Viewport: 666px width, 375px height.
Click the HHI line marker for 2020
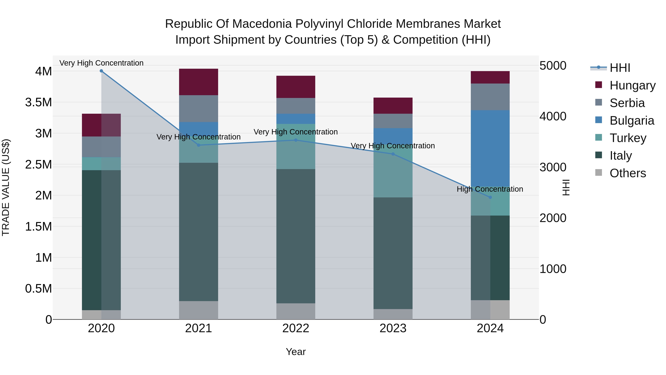[101, 71]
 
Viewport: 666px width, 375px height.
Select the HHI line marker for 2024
[490, 197]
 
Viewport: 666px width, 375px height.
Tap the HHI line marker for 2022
[296, 140]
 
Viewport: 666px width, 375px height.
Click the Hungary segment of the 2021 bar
[199, 82]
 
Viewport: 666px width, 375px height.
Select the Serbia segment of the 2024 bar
[490, 97]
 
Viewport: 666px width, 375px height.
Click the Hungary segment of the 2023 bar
[393, 106]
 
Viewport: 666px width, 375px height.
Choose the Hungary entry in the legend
[632, 85]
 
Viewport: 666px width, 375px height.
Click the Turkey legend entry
[628, 138]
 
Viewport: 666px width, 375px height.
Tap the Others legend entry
[628, 173]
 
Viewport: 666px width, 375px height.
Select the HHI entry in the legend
[620, 68]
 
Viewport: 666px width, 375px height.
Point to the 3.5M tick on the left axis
[38, 102]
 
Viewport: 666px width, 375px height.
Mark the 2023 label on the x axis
[393, 328]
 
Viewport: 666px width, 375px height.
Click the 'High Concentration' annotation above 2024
[490, 189]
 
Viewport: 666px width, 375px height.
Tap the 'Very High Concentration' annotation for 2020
[101, 63]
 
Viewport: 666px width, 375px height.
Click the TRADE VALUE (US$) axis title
[6, 187]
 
